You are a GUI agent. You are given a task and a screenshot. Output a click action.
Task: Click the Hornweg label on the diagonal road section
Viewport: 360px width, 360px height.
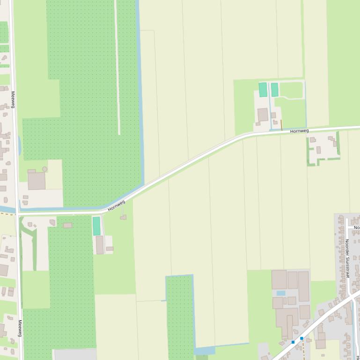click(x=117, y=206)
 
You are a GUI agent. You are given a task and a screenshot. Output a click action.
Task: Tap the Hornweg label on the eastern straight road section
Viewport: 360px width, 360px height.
click(x=299, y=131)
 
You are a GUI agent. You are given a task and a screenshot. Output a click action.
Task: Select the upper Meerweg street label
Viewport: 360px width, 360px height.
click(x=13, y=99)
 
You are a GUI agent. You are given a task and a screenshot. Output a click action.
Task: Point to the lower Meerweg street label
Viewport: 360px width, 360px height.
click(x=20, y=328)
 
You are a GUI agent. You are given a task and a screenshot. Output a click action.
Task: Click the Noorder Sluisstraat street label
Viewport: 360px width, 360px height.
click(x=347, y=258)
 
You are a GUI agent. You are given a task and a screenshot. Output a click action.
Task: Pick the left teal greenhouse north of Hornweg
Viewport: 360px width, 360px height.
click(x=263, y=90)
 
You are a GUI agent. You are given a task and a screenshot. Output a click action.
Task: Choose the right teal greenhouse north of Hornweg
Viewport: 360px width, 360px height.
click(x=274, y=90)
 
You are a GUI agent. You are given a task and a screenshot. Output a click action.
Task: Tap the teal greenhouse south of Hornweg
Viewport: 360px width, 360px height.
click(x=96, y=226)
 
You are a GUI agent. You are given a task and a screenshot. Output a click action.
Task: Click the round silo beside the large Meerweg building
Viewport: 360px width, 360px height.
click(x=44, y=169)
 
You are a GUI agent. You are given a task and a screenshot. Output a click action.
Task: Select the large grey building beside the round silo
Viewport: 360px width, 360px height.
click(x=36, y=180)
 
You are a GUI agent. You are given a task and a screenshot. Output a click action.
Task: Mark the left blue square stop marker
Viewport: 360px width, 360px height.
click(x=293, y=342)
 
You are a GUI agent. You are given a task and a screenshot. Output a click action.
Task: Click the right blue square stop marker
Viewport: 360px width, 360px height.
click(x=301, y=338)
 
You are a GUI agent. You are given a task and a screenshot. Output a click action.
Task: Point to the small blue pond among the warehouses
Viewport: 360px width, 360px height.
click(x=280, y=294)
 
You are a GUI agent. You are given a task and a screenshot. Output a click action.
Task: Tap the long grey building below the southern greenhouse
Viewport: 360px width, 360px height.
click(x=100, y=245)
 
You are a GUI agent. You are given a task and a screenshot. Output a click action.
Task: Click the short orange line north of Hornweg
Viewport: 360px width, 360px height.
click(x=281, y=124)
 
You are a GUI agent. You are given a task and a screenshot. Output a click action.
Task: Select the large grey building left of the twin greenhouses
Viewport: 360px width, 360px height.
click(x=263, y=115)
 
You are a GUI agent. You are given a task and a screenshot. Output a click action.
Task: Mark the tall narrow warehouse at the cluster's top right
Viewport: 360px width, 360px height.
click(x=303, y=286)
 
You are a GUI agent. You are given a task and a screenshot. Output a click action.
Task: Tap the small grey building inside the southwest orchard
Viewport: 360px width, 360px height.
click(x=67, y=225)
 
